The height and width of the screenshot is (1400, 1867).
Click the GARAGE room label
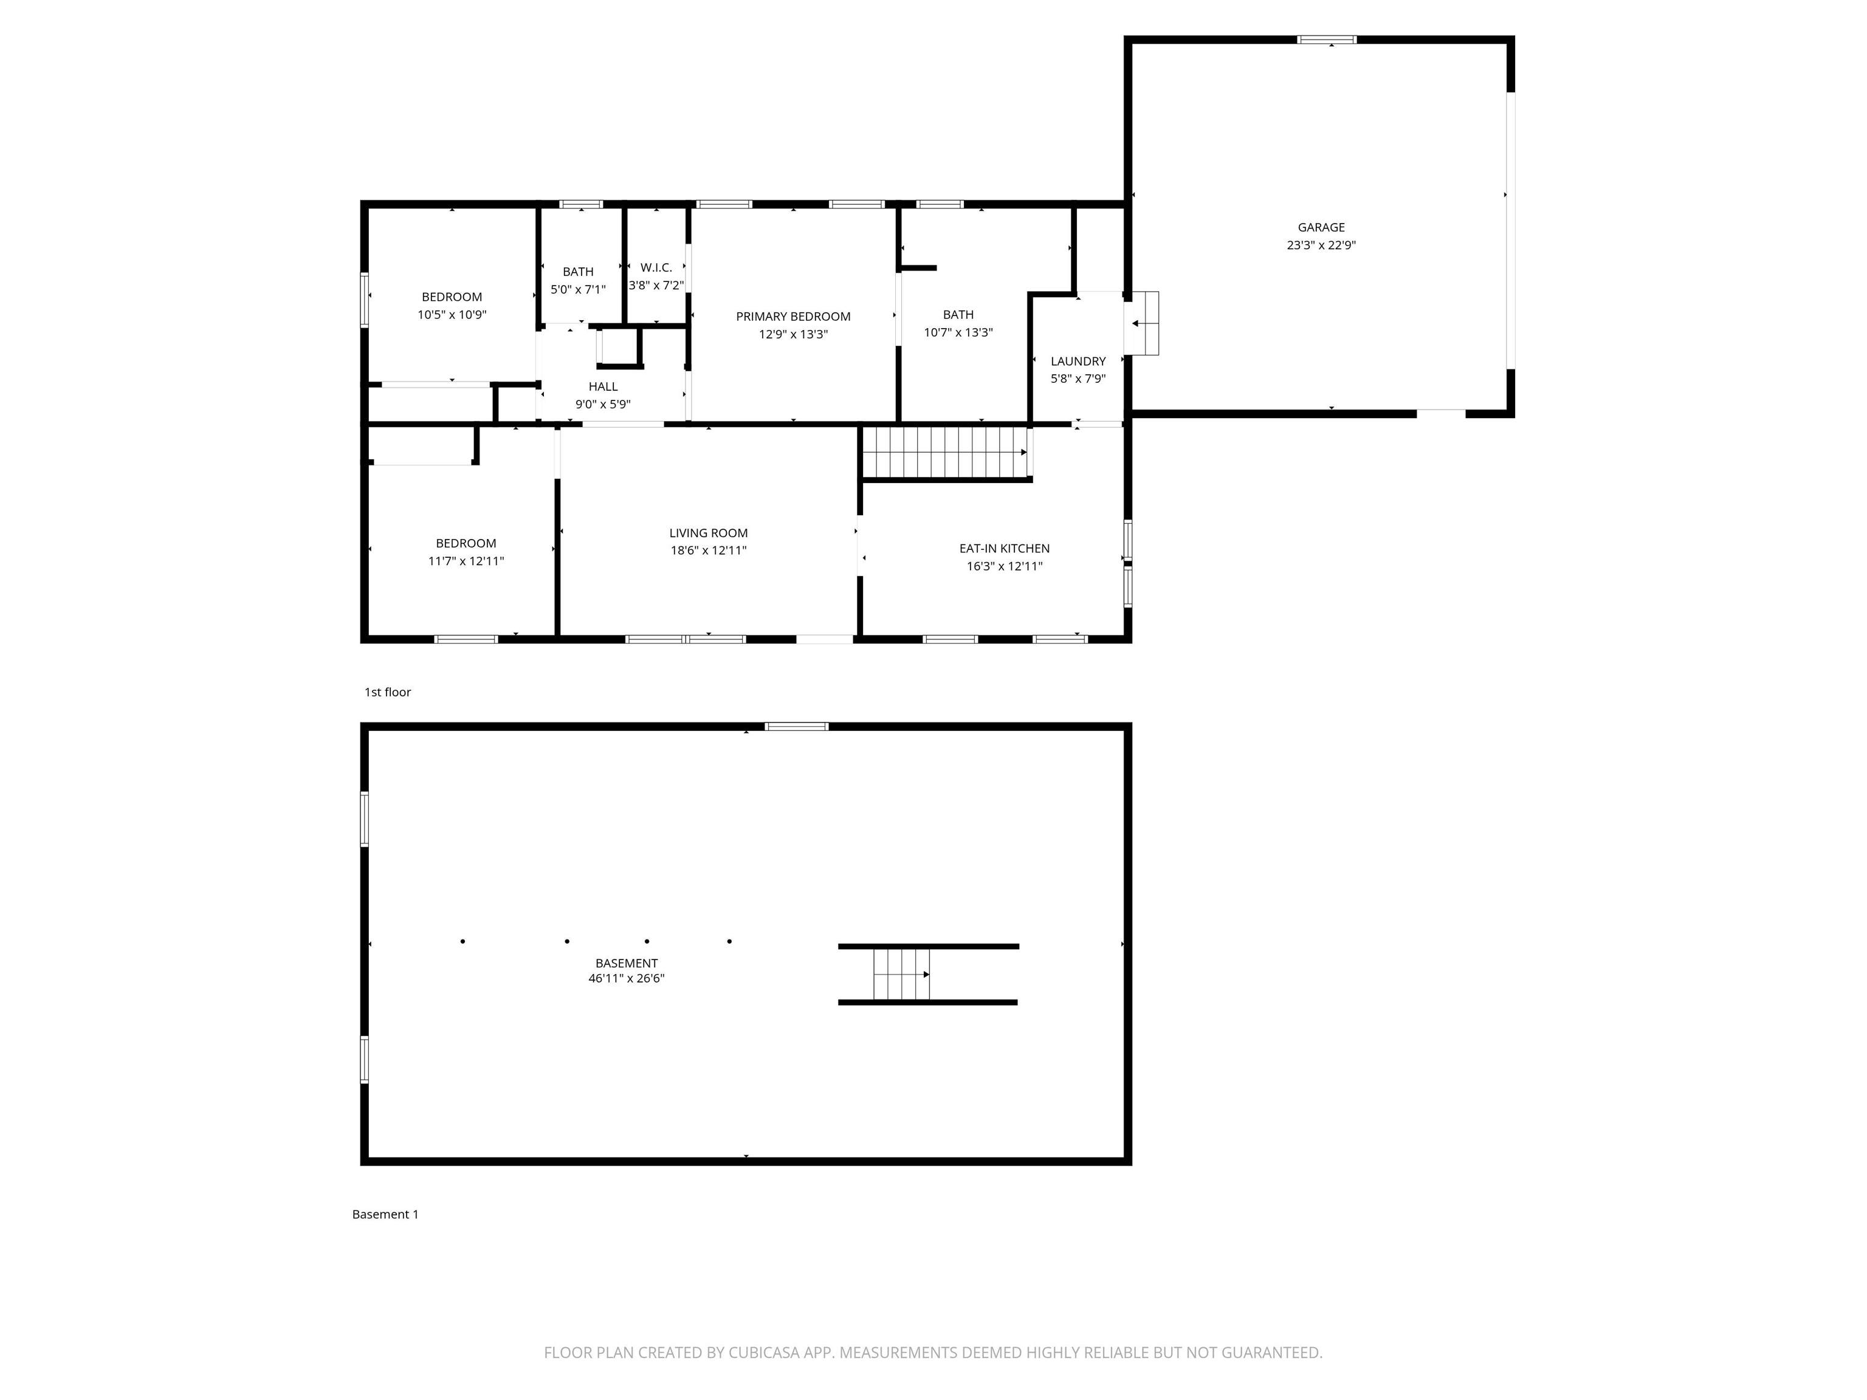click(x=1321, y=227)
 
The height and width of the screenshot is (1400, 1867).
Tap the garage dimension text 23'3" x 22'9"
click(x=1321, y=245)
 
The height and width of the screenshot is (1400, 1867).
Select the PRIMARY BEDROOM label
click(x=793, y=317)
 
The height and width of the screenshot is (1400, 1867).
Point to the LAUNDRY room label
click(x=1078, y=361)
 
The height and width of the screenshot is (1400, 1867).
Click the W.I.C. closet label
click(x=656, y=267)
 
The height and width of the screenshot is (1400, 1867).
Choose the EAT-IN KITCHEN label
click(x=1005, y=549)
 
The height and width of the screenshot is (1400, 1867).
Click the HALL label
click(x=603, y=386)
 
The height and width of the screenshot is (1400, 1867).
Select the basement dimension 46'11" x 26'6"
click(x=626, y=979)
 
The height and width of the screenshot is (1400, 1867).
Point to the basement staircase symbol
click(x=901, y=975)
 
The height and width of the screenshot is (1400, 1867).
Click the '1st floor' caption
click(x=387, y=692)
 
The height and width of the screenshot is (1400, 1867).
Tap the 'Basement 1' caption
click(x=385, y=1214)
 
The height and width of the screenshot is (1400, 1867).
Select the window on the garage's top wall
click(x=1327, y=39)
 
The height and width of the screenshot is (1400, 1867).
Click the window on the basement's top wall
click(x=797, y=727)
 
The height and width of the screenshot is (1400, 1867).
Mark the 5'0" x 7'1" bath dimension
click(x=578, y=289)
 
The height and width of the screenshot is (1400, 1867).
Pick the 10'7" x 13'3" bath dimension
click(x=958, y=332)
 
